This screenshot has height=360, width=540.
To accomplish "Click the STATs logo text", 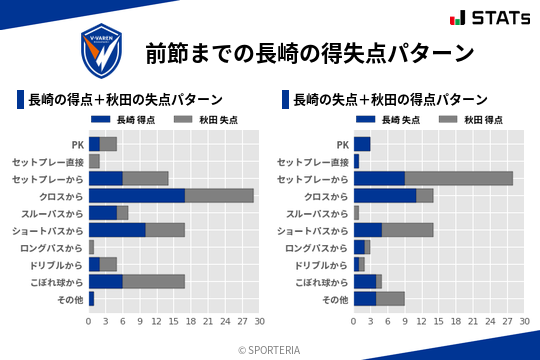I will click(494, 18).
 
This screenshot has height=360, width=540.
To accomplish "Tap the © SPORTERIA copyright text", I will click(270, 349).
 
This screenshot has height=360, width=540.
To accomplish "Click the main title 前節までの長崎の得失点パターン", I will click(309, 52).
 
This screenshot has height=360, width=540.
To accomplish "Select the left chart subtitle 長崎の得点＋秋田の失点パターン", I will click(125, 100).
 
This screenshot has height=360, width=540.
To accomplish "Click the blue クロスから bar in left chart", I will click(137, 195).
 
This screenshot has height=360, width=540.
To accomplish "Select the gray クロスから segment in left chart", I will click(219, 195).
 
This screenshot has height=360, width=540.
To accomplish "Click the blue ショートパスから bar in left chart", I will click(117, 230).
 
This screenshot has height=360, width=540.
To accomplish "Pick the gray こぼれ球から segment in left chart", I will click(154, 281).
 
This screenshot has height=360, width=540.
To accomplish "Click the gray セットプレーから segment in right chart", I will click(459, 178).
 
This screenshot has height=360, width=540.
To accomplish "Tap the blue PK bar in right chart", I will click(362, 144).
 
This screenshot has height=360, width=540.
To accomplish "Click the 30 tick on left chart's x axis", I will click(259, 321).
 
